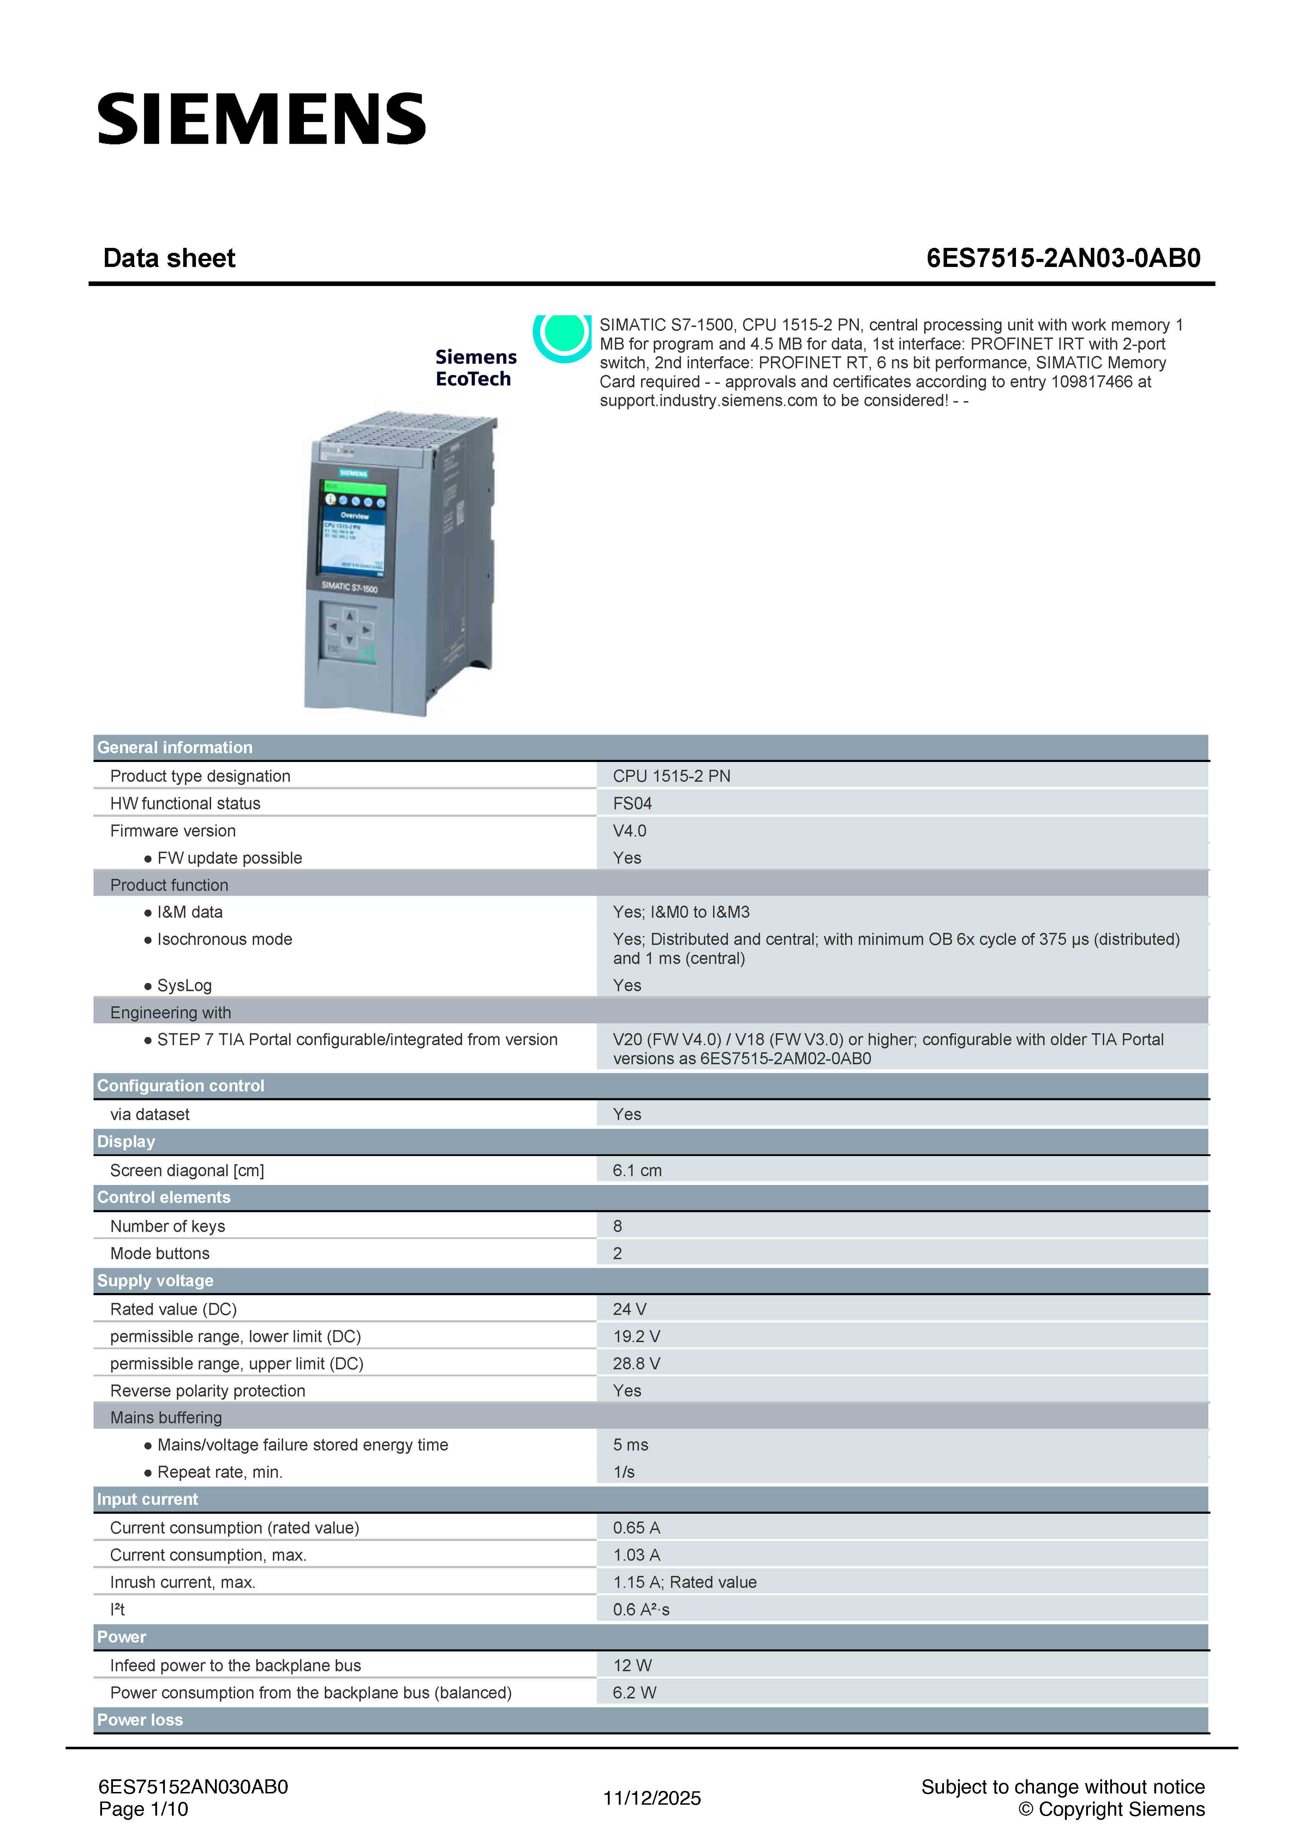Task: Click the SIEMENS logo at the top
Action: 261,119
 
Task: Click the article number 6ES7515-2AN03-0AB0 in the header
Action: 1063,258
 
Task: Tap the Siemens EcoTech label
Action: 475,368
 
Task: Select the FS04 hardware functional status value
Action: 632,803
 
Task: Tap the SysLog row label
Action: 184,985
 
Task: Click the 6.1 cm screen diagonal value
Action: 637,1171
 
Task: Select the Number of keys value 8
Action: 617,1226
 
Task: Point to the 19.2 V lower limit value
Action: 636,1336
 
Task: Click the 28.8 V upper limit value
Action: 636,1364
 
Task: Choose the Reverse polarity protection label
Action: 208,1391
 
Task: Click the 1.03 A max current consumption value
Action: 636,1555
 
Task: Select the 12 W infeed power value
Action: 632,1665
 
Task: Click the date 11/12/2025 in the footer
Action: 652,1798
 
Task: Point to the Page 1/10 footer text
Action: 143,1809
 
